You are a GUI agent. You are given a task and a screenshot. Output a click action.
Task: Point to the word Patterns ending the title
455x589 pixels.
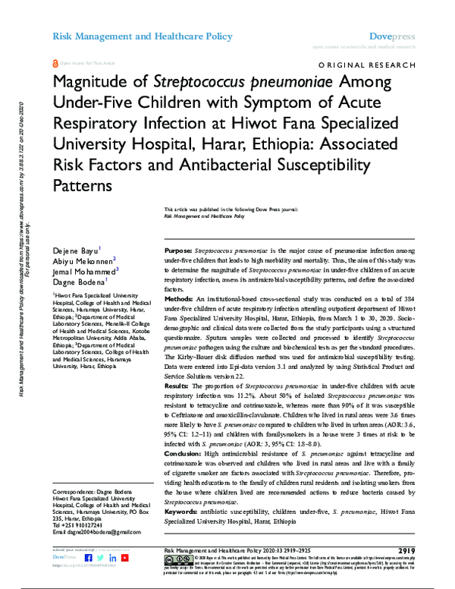[83, 184]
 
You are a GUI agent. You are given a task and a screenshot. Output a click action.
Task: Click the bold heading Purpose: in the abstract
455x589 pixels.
[180, 250]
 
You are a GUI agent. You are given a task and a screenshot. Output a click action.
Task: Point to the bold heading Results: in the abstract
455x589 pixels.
[180, 408]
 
